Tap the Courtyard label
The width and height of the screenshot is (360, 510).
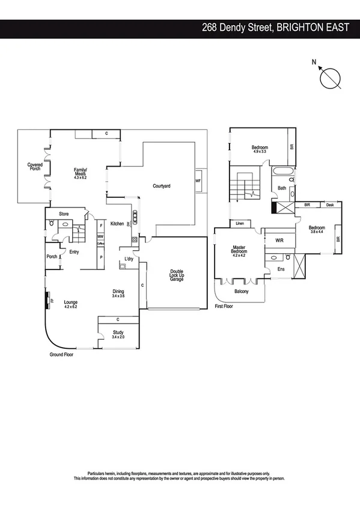162,186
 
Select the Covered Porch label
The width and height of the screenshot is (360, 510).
35,167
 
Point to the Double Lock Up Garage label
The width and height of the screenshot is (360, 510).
177,275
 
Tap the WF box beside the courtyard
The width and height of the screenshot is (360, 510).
198,180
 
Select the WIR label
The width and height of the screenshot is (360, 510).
279,240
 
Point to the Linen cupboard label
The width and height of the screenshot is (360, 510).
239,223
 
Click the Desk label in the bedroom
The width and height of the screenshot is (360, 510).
330,205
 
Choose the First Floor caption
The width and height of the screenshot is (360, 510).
225,306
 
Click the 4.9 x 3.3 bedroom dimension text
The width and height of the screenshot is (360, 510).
260,152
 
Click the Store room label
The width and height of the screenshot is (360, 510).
63,214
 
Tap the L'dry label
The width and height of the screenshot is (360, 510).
129,259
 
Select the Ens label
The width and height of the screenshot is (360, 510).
281,269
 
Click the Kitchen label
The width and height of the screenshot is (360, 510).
117,224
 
